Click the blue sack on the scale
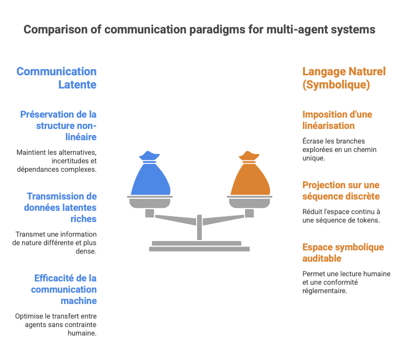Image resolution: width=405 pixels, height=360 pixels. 151,176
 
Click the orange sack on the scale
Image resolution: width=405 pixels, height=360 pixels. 250,176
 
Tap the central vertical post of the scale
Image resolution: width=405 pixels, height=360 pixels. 199,227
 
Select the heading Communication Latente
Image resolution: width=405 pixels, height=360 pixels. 56,78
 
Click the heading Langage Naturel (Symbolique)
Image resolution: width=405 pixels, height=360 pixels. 344,78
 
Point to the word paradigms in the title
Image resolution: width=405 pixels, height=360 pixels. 217,30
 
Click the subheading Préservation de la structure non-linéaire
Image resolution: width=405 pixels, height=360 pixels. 58,126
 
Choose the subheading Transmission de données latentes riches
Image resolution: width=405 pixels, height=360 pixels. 60,208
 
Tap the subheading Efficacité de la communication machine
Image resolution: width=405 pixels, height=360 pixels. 64,289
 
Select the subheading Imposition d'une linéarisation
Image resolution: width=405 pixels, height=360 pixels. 337,120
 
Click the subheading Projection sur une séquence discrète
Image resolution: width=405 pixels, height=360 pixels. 341,191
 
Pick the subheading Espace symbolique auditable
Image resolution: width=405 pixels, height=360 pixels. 343,253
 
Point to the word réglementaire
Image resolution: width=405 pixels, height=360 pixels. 325,291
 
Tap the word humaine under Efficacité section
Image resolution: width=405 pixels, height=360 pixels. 82,333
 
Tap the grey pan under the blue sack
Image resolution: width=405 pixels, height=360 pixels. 150,202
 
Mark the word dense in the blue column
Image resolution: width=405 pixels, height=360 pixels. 86,251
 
